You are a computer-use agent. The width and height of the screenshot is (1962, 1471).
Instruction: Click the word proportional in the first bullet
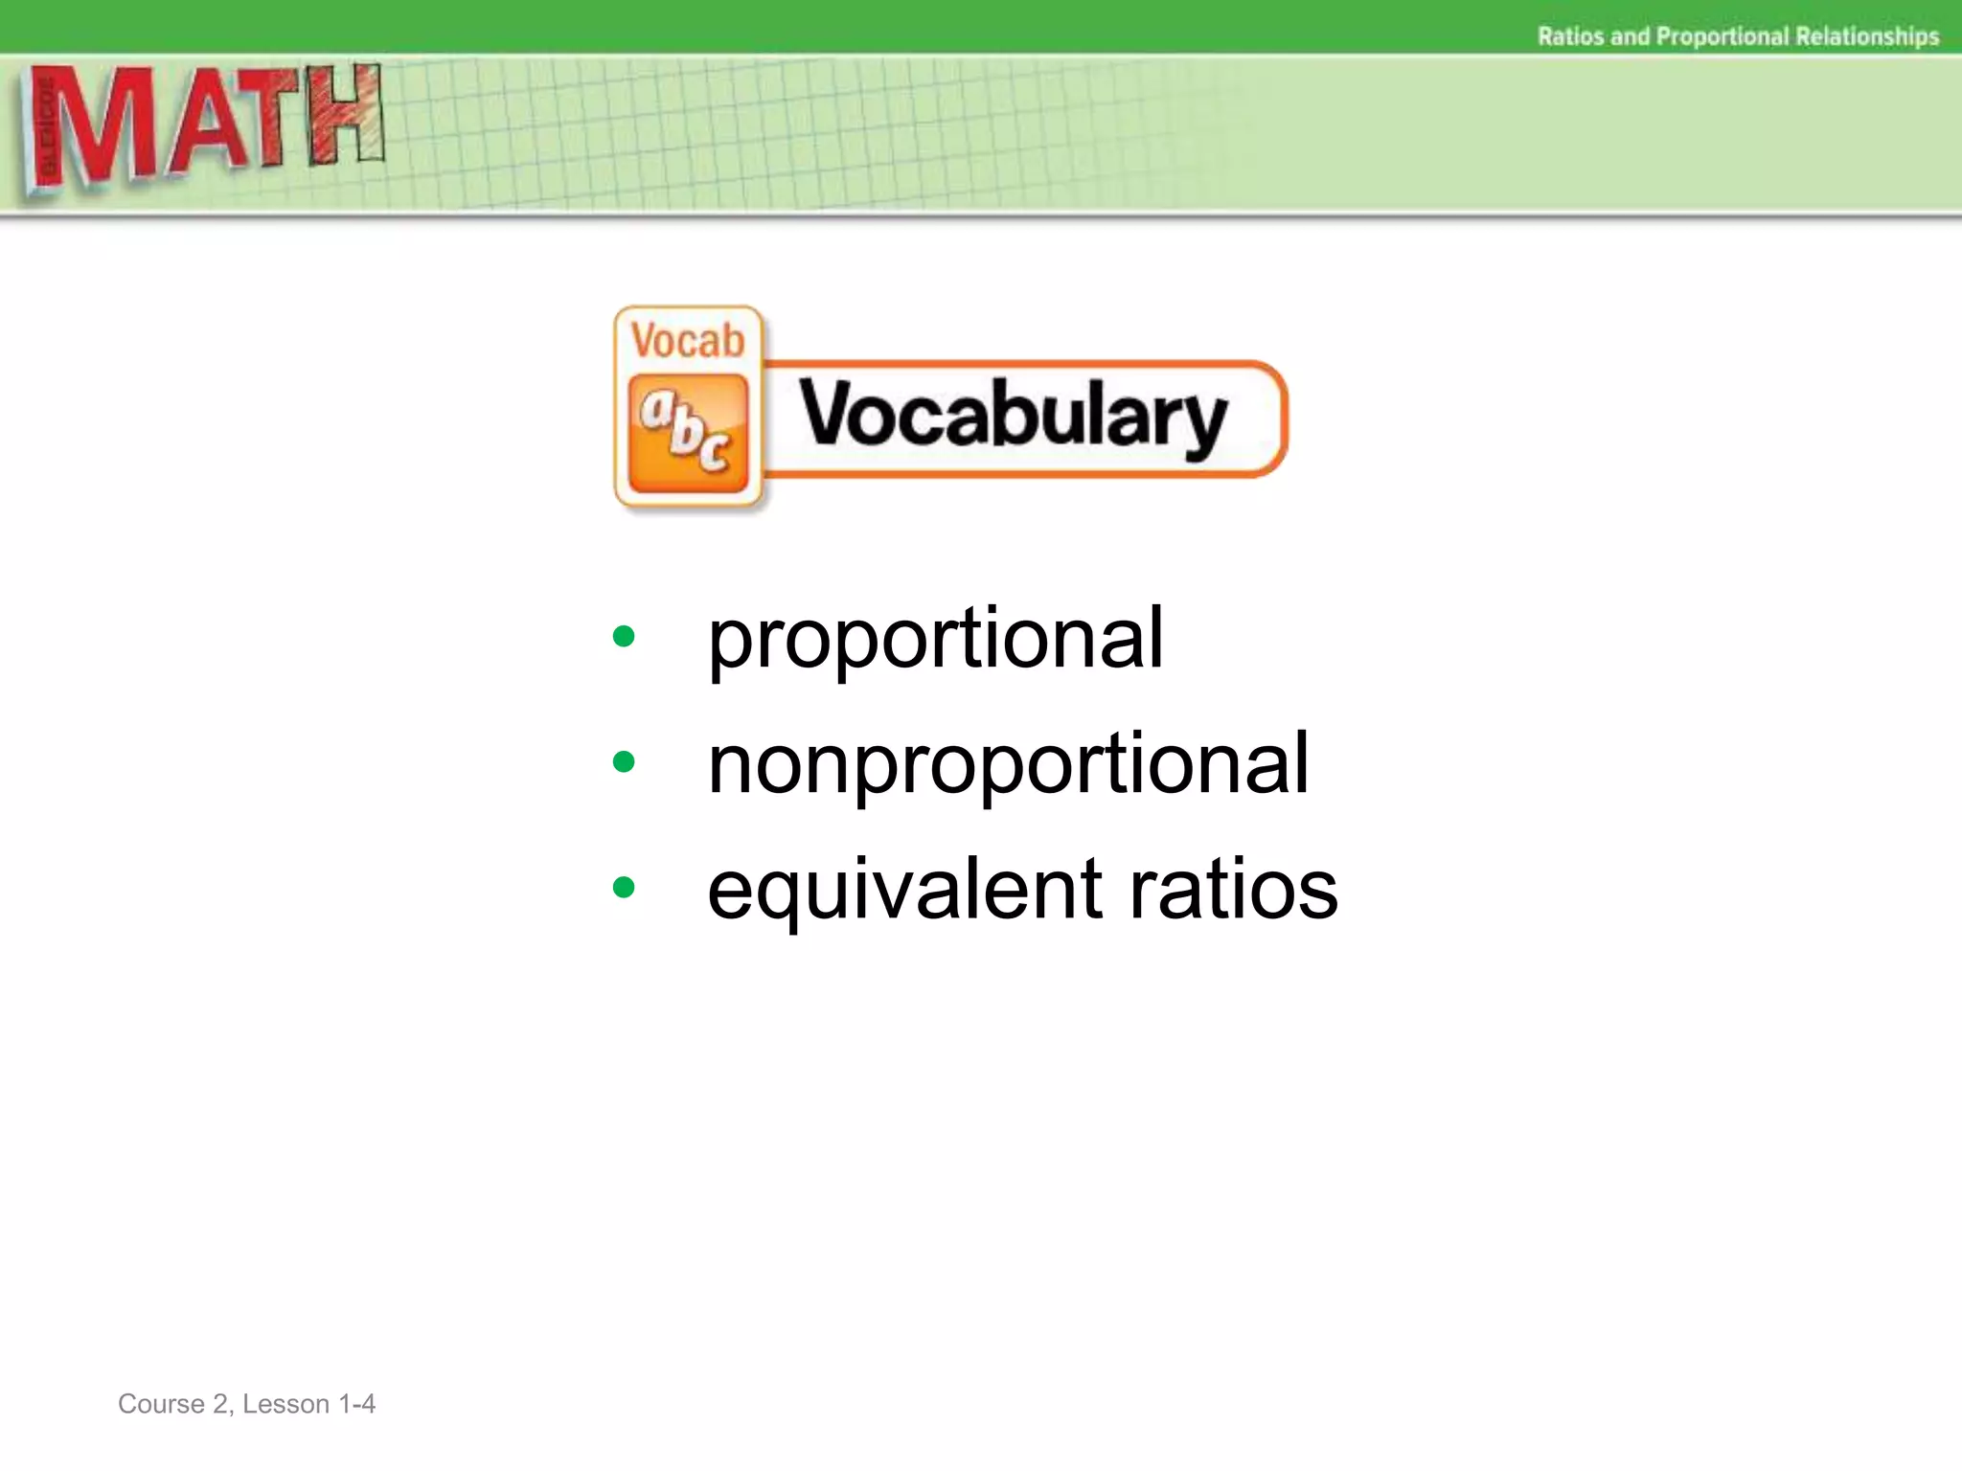pos(935,640)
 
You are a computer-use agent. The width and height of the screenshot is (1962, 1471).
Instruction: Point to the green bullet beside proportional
pos(624,637)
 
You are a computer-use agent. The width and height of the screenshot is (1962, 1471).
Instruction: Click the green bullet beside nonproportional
pos(624,762)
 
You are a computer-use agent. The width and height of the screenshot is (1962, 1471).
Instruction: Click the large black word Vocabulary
pos(1013,418)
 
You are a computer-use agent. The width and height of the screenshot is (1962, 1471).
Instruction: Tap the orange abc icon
pos(688,434)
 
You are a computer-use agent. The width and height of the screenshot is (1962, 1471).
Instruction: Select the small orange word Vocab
pos(688,341)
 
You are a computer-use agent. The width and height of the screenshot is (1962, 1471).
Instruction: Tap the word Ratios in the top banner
pos(1571,36)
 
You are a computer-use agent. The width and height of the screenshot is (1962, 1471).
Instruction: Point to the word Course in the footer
pos(160,1404)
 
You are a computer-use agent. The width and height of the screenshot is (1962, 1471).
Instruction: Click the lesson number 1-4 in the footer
pos(356,1404)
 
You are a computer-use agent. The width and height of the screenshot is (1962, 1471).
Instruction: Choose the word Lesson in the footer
pos(285,1404)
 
